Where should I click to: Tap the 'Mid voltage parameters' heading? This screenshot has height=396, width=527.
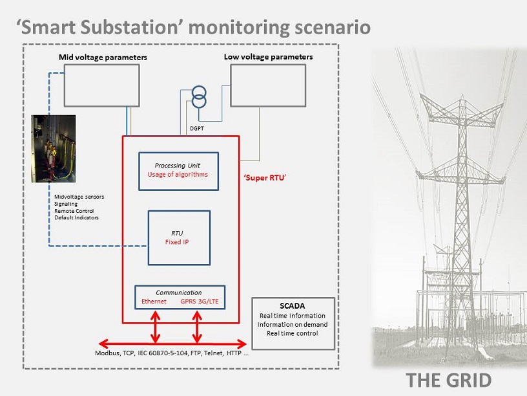[x=103, y=57]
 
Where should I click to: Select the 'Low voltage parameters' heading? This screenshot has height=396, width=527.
[x=268, y=57]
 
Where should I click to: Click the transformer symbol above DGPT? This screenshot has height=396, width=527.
[x=199, y=96]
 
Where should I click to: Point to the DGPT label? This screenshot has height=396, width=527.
[x=196, y=128]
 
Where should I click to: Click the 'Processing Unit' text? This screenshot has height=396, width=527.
[x=177, y=166]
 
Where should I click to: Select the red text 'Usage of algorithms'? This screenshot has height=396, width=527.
[x=178, y=175]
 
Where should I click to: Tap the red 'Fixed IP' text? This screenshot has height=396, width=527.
[x=177, y=242]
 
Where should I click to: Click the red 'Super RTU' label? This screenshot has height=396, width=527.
[x=265, y=178]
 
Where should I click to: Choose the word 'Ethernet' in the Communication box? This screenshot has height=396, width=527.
[x=154, y=302]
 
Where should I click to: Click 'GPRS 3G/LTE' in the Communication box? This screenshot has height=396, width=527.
[x=200, y=302]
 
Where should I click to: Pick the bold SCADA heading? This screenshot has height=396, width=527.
[x=293, y=306]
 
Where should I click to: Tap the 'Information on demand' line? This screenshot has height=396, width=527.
[x=293, y=324]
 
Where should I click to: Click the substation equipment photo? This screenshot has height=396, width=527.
[x=54, y=149]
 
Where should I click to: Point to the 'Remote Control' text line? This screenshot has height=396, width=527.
[x=74, y=211]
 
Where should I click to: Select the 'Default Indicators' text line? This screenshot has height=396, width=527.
[x=76, y=217]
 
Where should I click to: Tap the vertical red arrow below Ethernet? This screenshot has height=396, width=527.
[x=155, y=327]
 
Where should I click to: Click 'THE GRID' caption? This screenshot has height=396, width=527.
[x=449, y=380]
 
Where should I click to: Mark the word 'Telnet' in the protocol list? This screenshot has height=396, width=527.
[x=214, y=353]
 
